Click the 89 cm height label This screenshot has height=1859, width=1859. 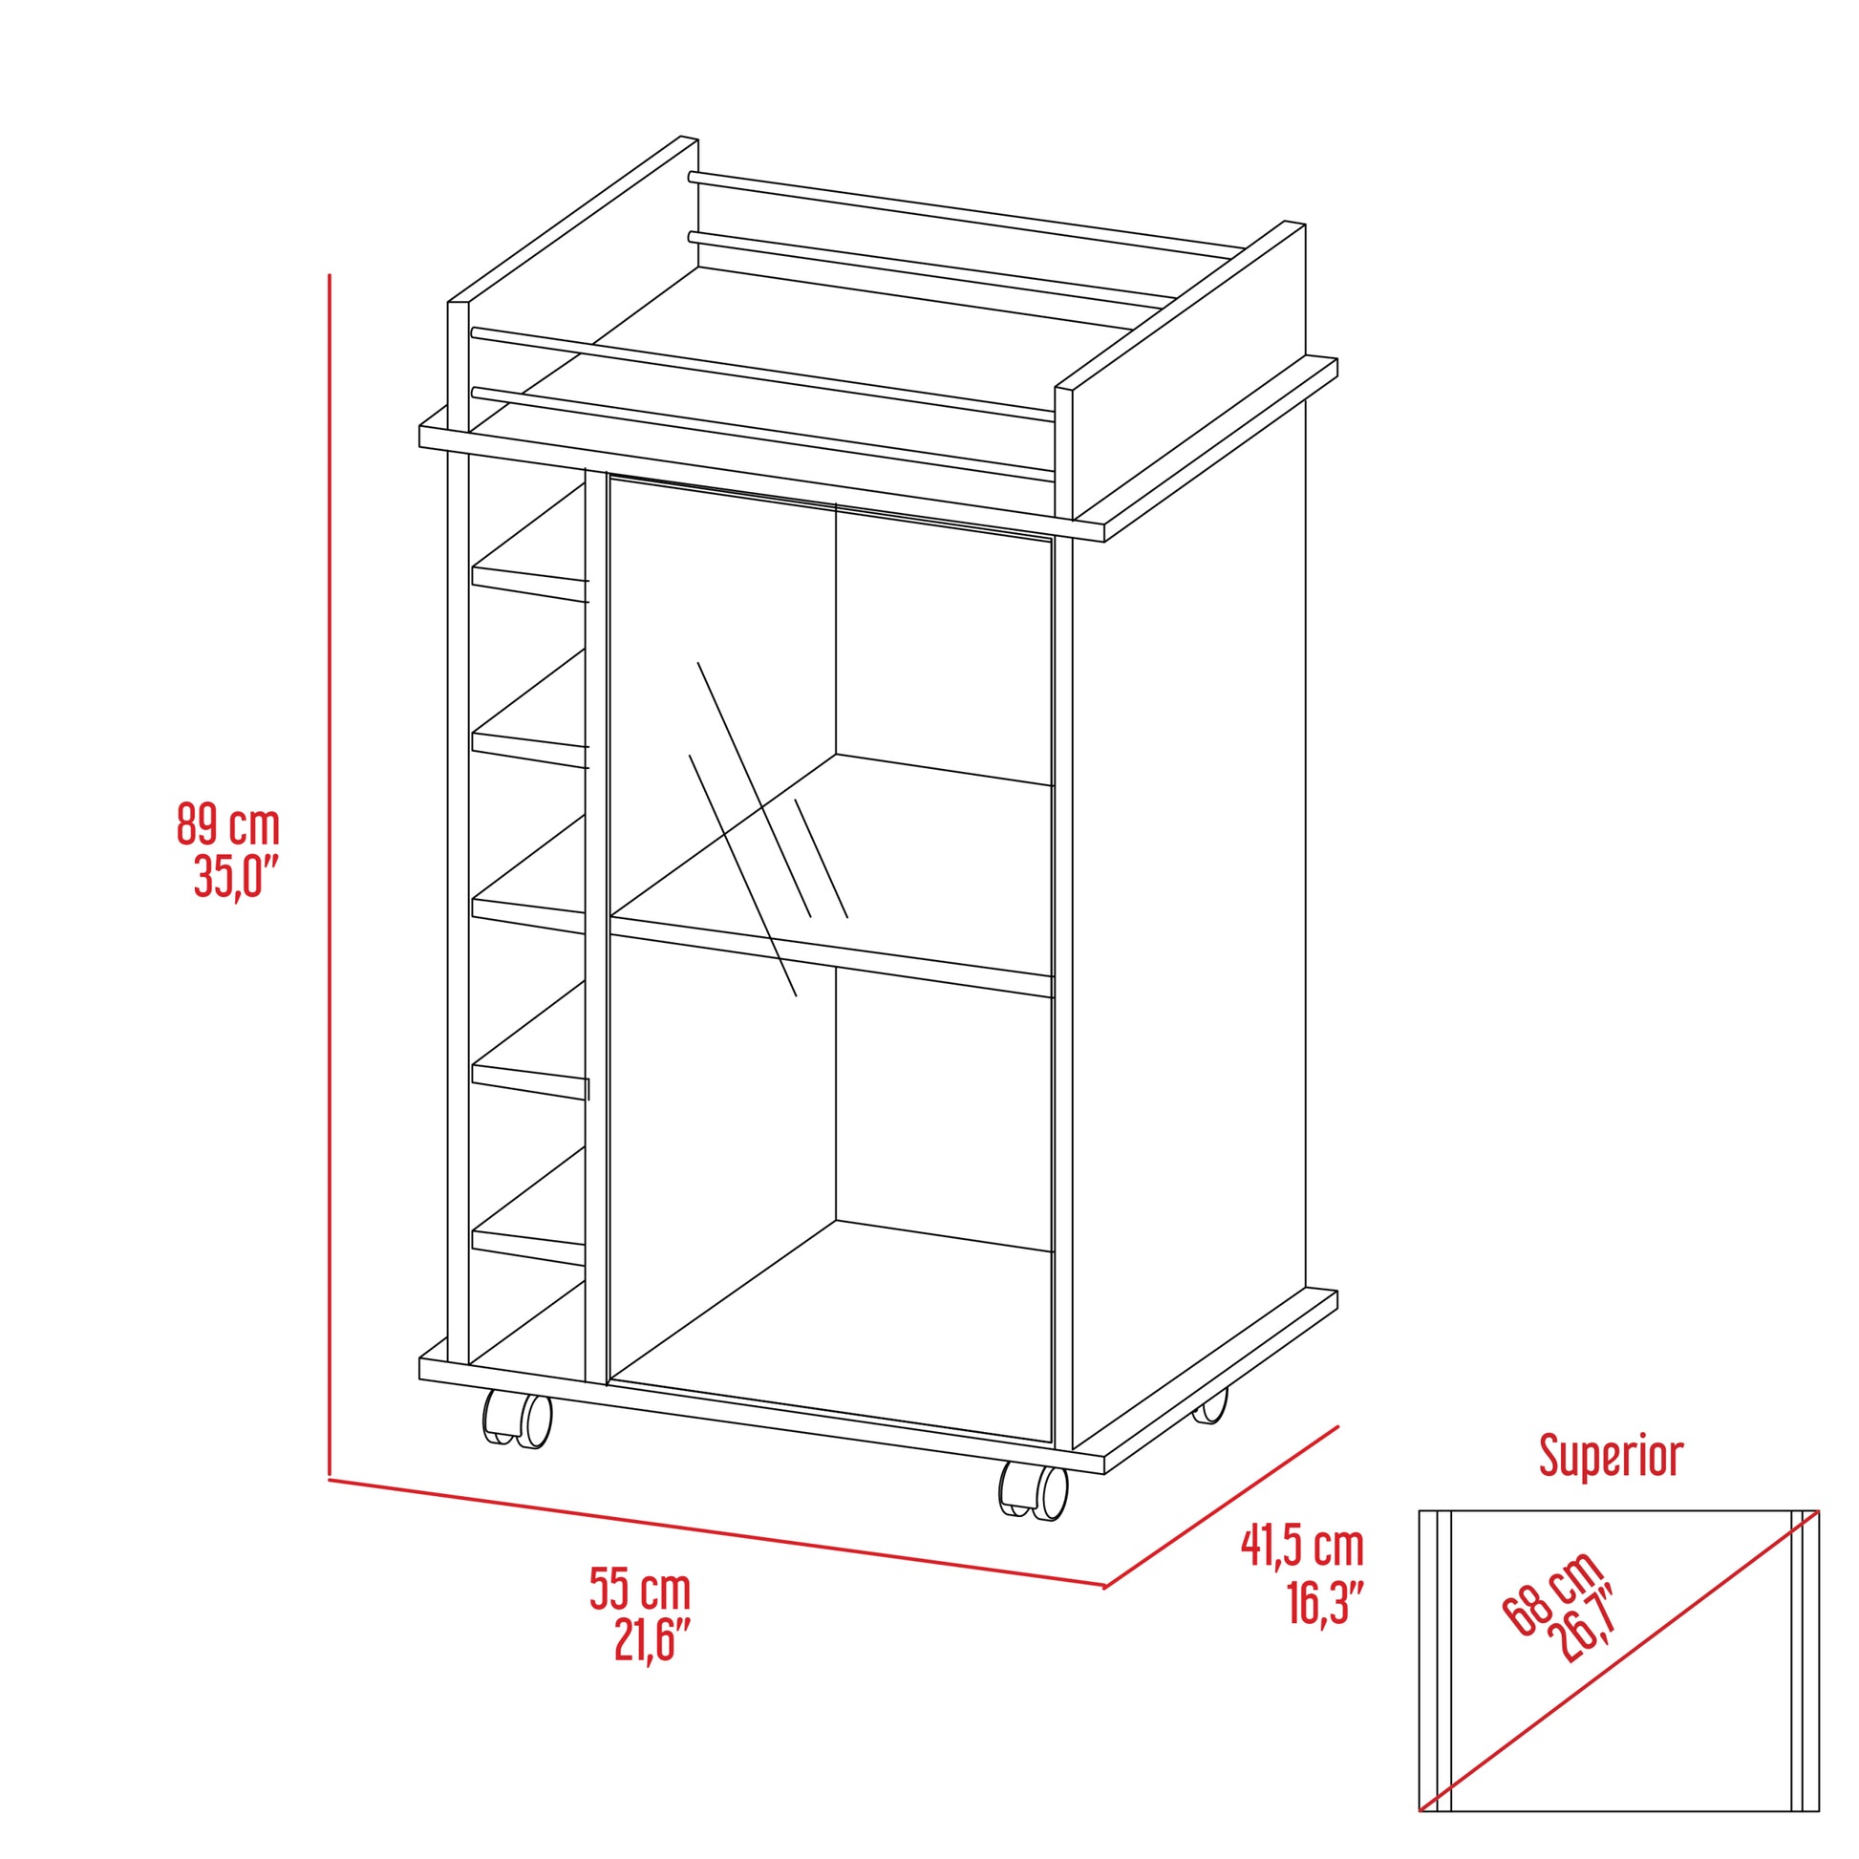coord(228,825)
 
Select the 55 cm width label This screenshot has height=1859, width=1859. coord(640,1589)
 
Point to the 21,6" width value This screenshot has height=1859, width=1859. coord(652,1639)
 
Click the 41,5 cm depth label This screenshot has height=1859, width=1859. coord(1302,1547)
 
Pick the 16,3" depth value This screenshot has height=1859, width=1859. coord(1325,1602)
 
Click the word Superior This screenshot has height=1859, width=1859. coord(1611,1456)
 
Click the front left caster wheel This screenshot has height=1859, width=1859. coord(518,1420)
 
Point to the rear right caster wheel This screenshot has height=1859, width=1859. coord(1211,1408)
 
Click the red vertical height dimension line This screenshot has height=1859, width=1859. coord(330,866)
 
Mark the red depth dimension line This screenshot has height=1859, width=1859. coord(1222,1506)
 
